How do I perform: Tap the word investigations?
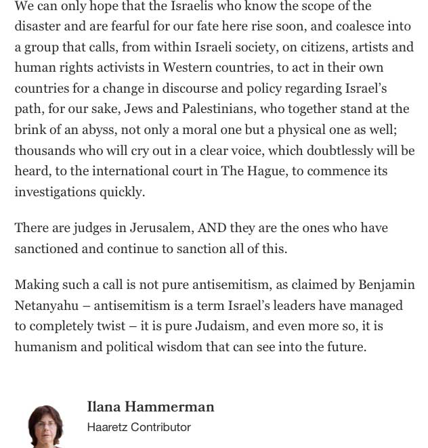[x=55, y=192]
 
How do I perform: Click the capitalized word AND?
[x=212, y=228]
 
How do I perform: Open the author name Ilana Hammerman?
[x=150, y=407]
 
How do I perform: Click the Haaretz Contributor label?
[x=139, y=427]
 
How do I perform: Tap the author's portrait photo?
[x=45, y=426]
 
